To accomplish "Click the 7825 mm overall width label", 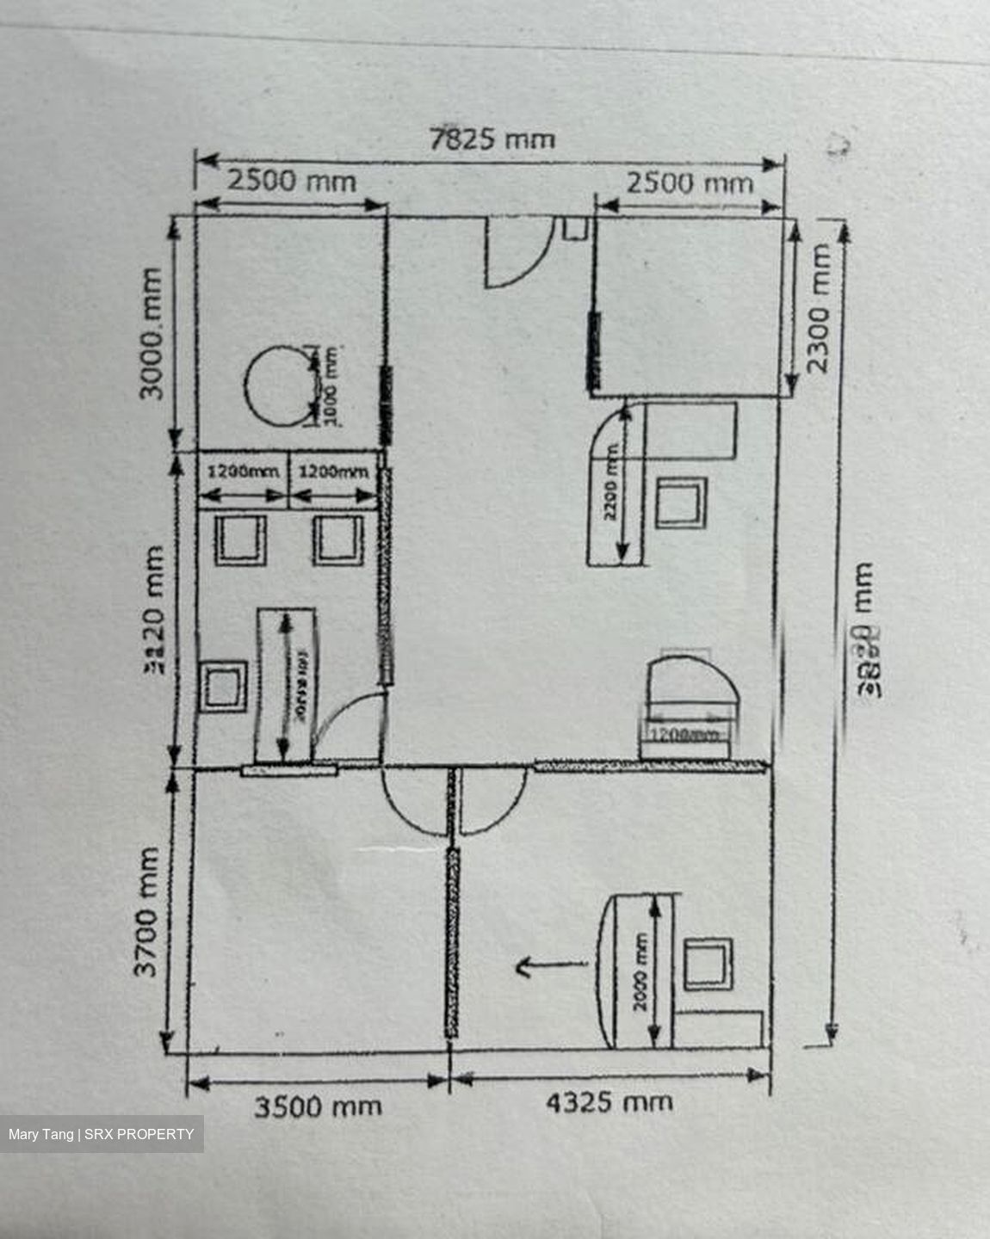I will pos(492,139).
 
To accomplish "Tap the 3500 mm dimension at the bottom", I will pos(317,1106).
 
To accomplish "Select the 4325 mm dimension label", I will pos(609,1102).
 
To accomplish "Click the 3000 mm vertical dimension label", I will pos(152,334).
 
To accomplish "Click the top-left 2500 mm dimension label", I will pos(291,182).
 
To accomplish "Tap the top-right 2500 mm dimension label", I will pos(689,183).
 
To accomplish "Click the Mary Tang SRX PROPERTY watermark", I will pos(102,1134).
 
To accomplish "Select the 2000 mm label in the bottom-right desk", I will pos(641,972).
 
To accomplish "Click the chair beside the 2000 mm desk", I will pos(708,964).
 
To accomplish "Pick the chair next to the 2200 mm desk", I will pos(680,502).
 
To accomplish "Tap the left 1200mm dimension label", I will pos(243,472).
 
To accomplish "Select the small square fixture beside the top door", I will pos(574,228).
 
